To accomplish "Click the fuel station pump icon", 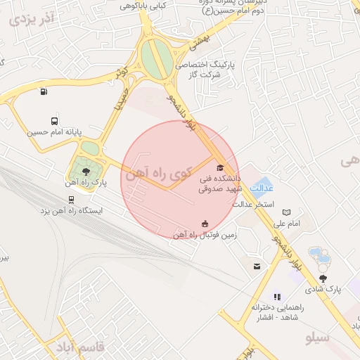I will [44, 91].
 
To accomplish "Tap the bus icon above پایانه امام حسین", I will [55, 121].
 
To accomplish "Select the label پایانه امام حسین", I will [56, 132].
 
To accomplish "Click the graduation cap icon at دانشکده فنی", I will [220, 167].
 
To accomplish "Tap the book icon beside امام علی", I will [286, 212].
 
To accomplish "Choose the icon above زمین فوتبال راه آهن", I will [205, 224].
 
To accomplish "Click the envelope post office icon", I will [257, 266].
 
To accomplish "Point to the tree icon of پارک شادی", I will [323, 278].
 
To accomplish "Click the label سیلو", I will [318, 338].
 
